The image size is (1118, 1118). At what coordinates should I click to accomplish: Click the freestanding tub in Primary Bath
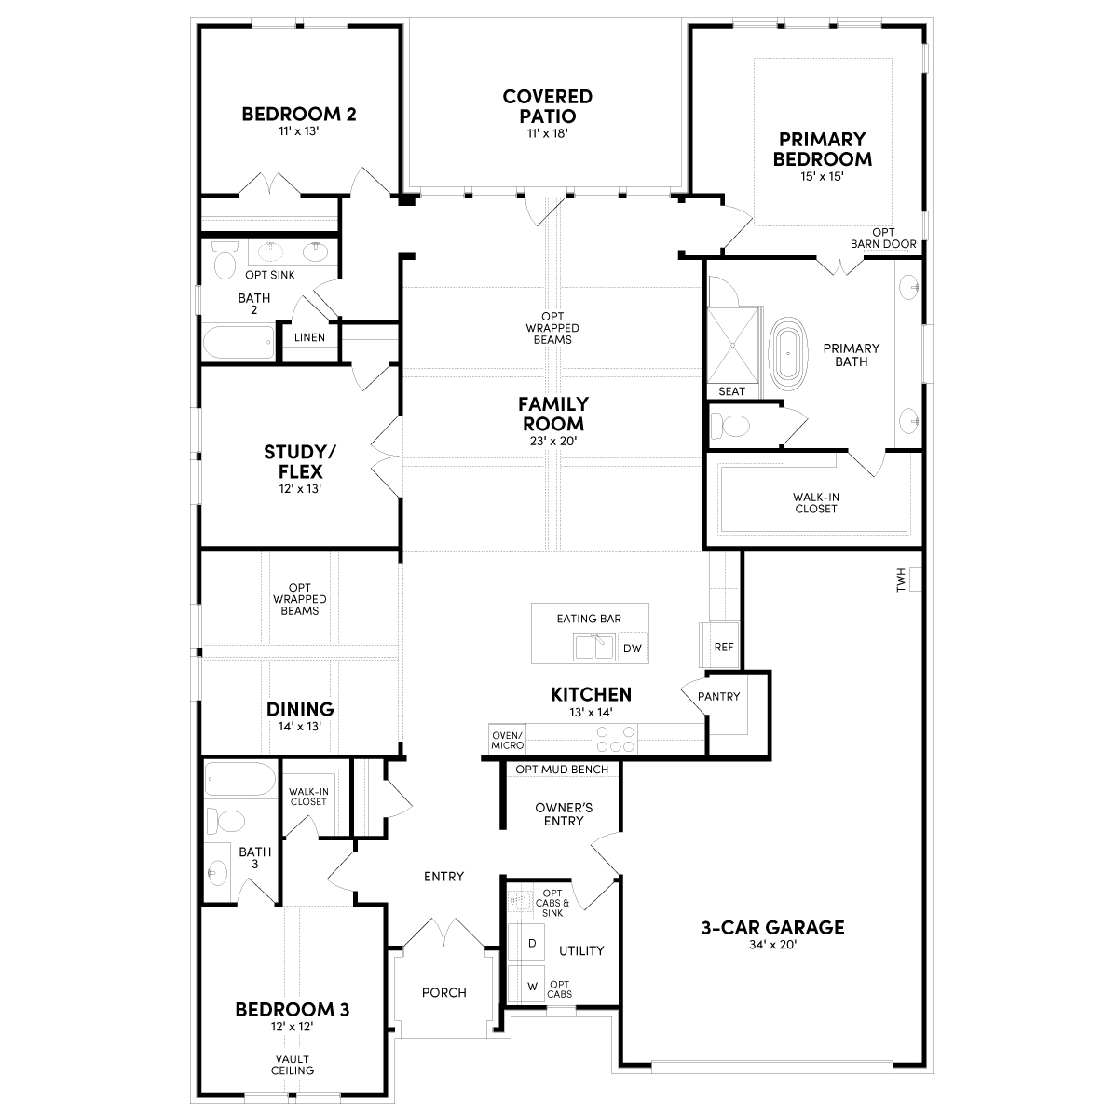pos(788,353)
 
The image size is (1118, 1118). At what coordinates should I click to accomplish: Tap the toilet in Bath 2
pos(225,260)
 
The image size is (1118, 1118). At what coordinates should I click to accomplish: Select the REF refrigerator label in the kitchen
pos(724,647)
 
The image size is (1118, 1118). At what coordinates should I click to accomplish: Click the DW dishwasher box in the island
pos(632,648)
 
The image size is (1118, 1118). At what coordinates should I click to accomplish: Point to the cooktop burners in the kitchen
pos(615,739)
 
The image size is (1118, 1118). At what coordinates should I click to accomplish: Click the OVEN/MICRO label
pos(507,741)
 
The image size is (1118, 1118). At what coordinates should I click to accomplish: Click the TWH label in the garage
pos(900,579)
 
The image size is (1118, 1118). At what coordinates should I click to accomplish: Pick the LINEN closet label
pos(309,337)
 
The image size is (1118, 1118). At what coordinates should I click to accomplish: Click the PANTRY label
pos(719,696)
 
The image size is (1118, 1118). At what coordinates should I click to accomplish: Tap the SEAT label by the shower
pos(731,391)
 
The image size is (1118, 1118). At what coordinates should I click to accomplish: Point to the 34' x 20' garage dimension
pos(772,945)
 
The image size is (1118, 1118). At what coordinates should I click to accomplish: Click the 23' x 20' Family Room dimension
pos(553,441)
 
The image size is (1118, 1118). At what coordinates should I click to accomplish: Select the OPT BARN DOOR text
pos(883,239)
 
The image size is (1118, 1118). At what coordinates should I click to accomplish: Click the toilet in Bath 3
pos(226,822)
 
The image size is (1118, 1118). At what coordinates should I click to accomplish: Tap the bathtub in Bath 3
pos(240,779)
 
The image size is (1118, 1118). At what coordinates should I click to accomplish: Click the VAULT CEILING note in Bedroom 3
pos(293,1065)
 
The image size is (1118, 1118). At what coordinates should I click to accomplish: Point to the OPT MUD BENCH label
pos(562,770)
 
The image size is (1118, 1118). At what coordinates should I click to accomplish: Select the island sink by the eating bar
pos(594,647)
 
